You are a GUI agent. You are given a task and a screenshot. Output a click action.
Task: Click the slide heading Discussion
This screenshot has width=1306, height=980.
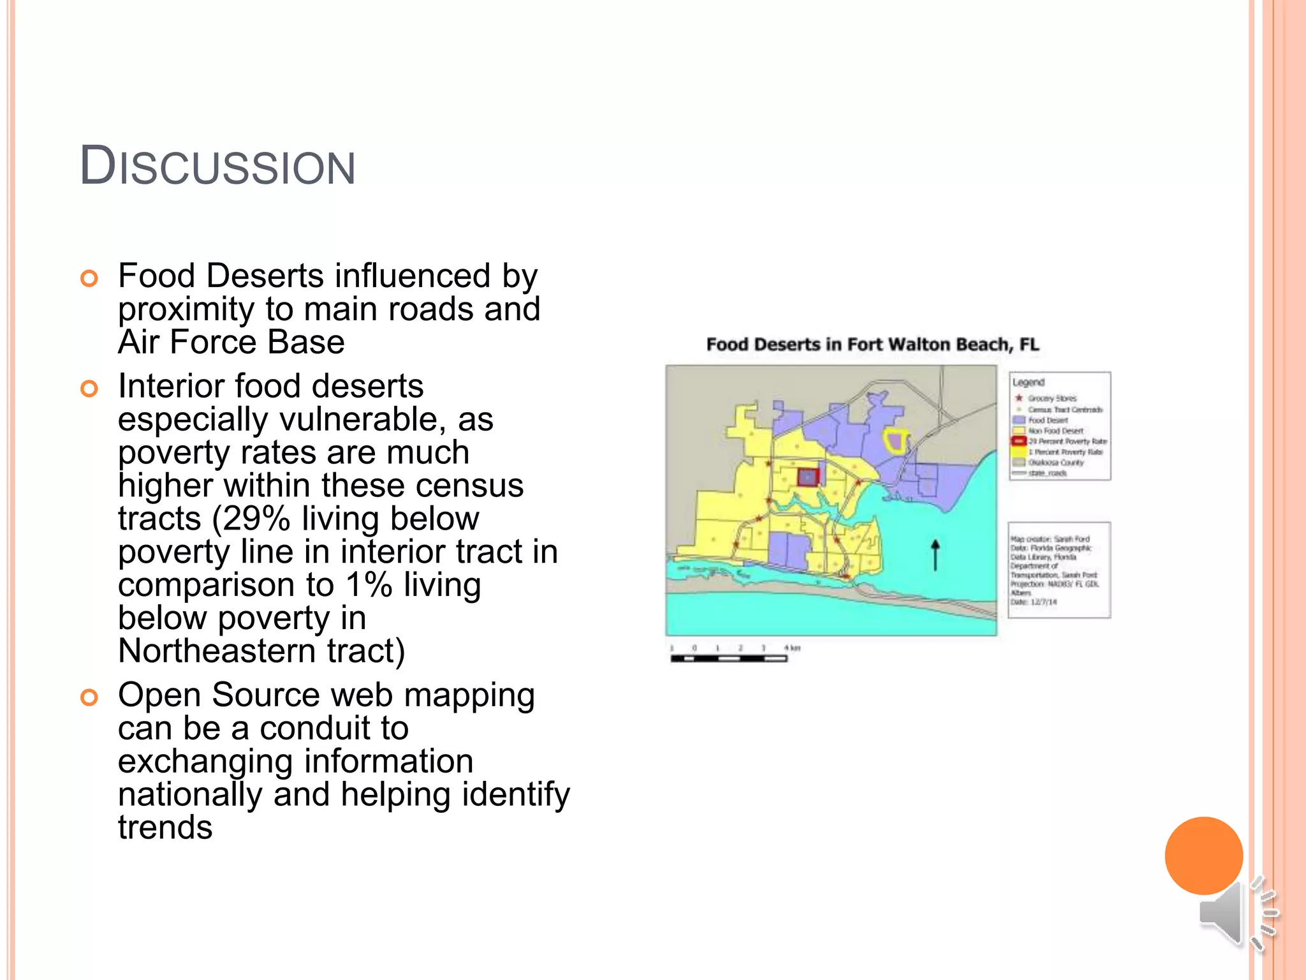click(217, 166)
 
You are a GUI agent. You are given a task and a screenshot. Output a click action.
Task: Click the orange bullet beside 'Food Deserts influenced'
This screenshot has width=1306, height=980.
click(89, 279)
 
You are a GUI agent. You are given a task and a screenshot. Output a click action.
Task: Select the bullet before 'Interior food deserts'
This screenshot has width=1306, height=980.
click(89, 389)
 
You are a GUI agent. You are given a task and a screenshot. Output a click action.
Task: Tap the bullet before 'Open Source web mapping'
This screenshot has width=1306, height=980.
click(89, 697)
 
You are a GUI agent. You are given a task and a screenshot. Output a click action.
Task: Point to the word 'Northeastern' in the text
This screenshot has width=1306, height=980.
click(217, 651)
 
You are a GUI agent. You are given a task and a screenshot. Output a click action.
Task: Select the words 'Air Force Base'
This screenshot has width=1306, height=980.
click(231, 342)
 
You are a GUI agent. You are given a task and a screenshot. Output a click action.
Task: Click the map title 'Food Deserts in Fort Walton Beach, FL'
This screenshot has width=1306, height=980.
click(872, 345)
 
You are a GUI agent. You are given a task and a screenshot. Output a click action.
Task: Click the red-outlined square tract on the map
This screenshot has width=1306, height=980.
click(808, 477)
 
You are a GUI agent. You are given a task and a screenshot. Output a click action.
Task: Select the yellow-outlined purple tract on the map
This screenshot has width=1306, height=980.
click(896, 441)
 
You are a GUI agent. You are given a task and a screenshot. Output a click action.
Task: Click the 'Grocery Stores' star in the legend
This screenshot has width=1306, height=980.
click(1019, 398)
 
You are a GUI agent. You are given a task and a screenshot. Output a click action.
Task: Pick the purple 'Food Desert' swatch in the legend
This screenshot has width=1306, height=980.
click(1019, 420)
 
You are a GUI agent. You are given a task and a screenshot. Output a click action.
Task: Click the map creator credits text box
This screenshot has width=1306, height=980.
click(1059, 570)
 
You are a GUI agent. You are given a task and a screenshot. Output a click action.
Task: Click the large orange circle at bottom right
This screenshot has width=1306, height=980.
click(1203, 856)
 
